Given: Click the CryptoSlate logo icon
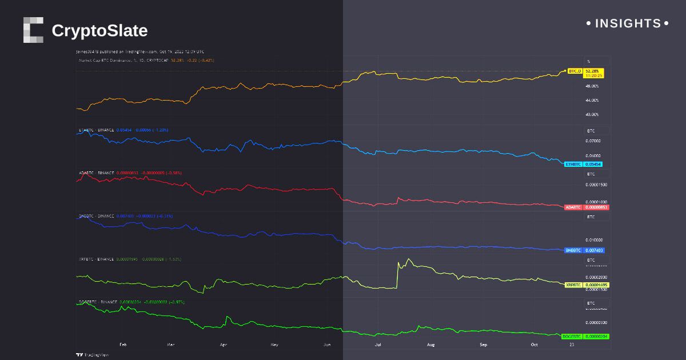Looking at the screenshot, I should point(33,30).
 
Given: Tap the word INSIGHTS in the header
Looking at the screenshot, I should point(628,23).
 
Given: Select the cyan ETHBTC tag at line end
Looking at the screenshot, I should point(573,164).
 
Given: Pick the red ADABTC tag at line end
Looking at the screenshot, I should point(573,207).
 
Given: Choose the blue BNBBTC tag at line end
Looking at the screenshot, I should point(573,250).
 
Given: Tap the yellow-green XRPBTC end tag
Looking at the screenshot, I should point(573,285).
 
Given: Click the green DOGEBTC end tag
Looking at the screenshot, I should point(573,337).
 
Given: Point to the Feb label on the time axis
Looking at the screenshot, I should point(122,345).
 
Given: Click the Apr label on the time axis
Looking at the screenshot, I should point(223,345).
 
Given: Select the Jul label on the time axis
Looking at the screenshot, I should point(378,345).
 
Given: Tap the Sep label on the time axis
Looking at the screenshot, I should point(483,345).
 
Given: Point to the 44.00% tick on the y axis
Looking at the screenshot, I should point(592,100).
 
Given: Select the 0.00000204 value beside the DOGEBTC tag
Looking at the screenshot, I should point(596,337).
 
